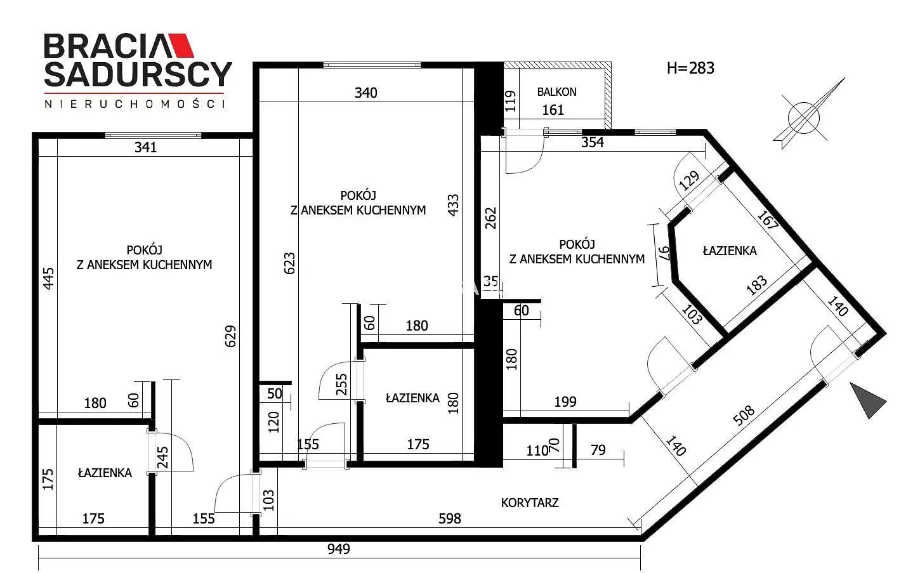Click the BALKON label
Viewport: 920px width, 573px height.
click(x=556, y=91)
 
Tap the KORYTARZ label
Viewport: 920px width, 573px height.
click(x=529, y=503)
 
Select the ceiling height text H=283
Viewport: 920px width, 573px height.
click(x=690, y=68)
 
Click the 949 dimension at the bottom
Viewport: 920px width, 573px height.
click(x=338, y=549)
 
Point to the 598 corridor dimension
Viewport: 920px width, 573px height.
click(x=450, y=518)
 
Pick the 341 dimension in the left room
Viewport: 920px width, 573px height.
click(x=146, y=147)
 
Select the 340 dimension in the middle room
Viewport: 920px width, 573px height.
click(x=366, y=93)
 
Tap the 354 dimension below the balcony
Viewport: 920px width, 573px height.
click(x=592, y=142)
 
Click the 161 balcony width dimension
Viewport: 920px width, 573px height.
click(x=553, y=110)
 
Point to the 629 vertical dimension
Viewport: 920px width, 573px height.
click(x=231, y=336)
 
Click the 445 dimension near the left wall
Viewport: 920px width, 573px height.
click(x=48, y=279)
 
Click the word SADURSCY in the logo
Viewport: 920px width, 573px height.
click(x=138, y=74)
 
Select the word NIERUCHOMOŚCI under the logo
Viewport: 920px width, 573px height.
click(x=135, y=104)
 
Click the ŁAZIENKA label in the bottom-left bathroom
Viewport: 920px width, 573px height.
click(x=105, y=473)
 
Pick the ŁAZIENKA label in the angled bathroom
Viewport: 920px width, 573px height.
click(x=730, y=251)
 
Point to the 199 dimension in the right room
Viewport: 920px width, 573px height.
click(x=565, y=401)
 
